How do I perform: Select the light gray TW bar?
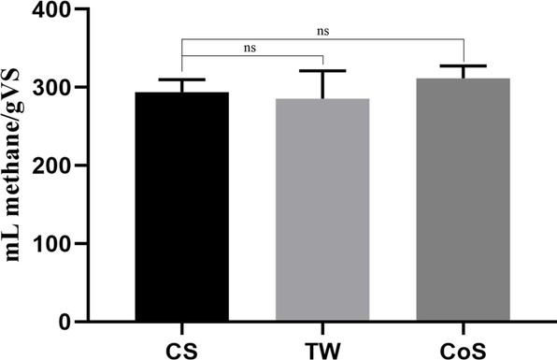pos(322,211)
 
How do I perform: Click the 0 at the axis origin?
pos(71,322)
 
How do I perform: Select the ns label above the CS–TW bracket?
pos(250,45)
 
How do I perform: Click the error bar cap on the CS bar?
pos(180,79)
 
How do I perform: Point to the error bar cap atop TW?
pos(322,70)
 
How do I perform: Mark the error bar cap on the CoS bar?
pos(464,65)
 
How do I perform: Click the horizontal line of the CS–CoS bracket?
pos(322,39)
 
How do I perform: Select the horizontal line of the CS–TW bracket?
pos(250,54)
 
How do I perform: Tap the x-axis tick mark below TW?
pos(322,326)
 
